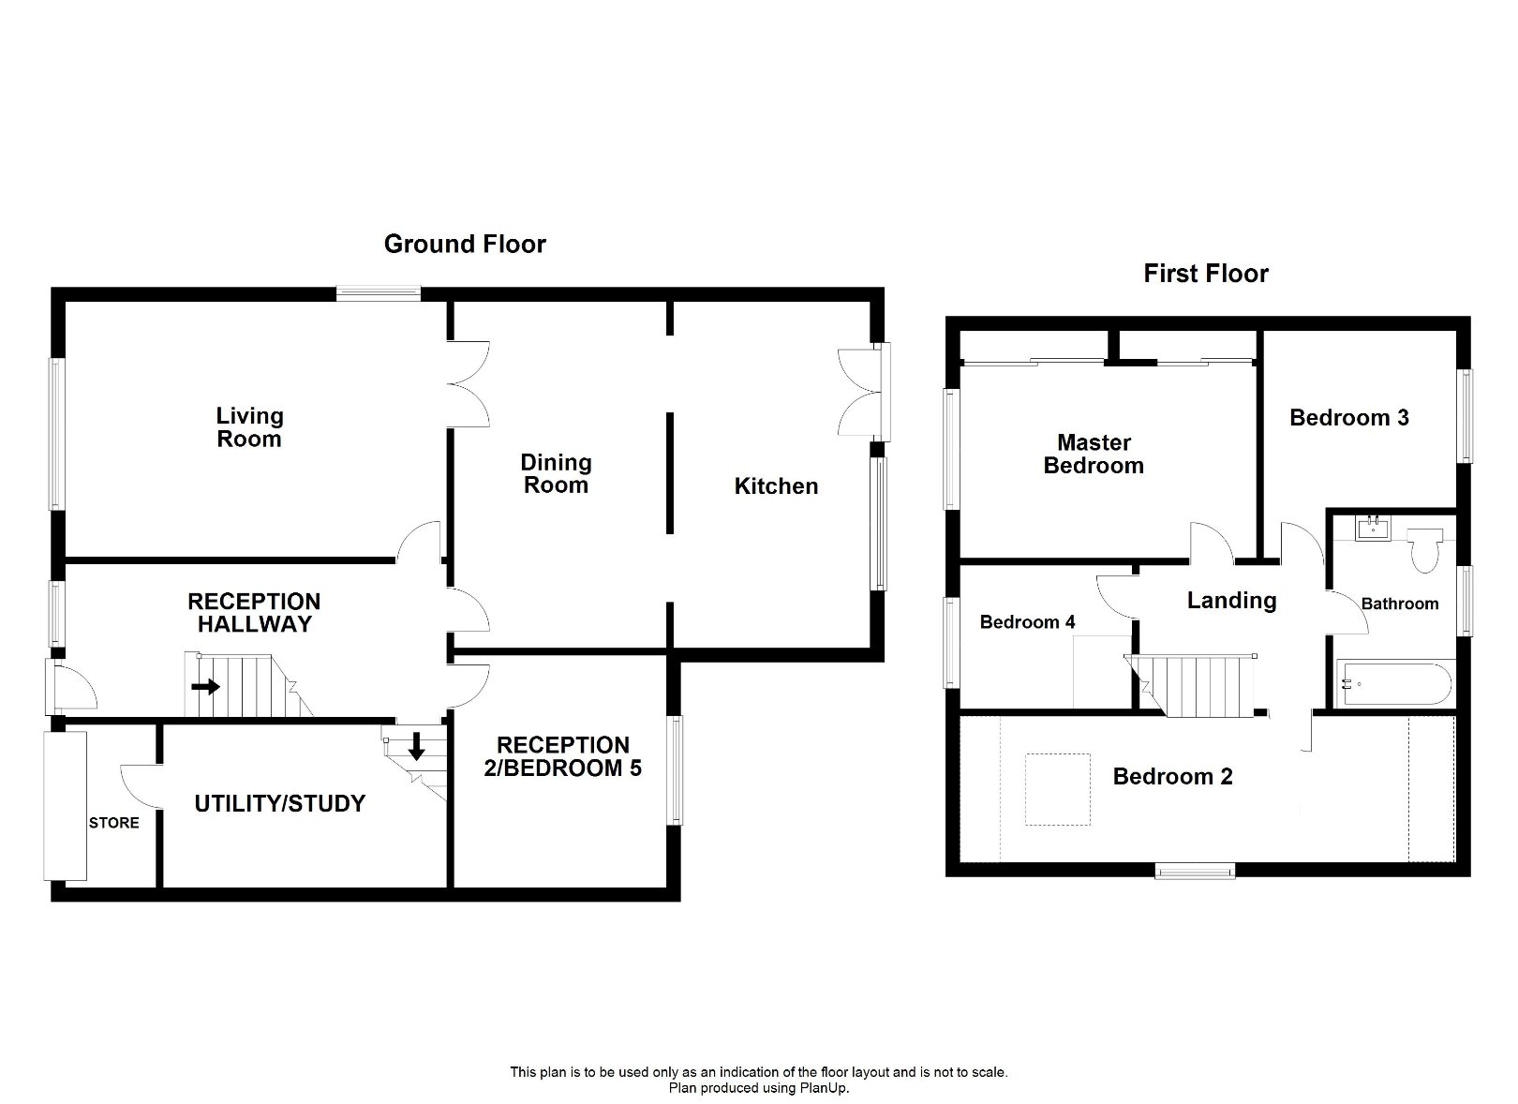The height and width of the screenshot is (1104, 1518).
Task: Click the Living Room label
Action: click(249, 427)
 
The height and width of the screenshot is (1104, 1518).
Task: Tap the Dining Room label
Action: click(556, 473)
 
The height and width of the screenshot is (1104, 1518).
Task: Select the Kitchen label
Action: click(776, 486)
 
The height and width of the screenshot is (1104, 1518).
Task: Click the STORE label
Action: click(114, 823)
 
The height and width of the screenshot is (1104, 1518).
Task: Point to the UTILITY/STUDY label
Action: click(279, 803)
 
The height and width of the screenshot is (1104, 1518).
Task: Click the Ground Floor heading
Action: click(465, 245)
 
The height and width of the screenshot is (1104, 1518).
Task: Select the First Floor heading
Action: click(1205, 274)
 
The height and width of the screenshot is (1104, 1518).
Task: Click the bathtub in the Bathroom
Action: click(1393, 684)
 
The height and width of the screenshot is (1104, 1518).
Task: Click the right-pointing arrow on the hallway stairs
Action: click(205, 687)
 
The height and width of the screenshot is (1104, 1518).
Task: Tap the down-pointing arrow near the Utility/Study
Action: click(416, 747)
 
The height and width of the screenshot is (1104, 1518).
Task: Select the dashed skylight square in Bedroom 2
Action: click(1058, 789)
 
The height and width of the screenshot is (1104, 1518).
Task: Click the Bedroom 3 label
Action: click(1348, 418)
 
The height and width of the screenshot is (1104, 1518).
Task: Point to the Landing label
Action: click(1231, 601)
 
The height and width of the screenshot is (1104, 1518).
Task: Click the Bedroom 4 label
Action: click(1027, 622)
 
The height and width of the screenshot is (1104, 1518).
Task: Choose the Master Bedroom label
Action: click(1094, 454)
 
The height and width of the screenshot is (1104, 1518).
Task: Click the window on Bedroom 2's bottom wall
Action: click(1195, 872)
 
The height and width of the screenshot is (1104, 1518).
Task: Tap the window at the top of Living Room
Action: click(379, 293)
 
